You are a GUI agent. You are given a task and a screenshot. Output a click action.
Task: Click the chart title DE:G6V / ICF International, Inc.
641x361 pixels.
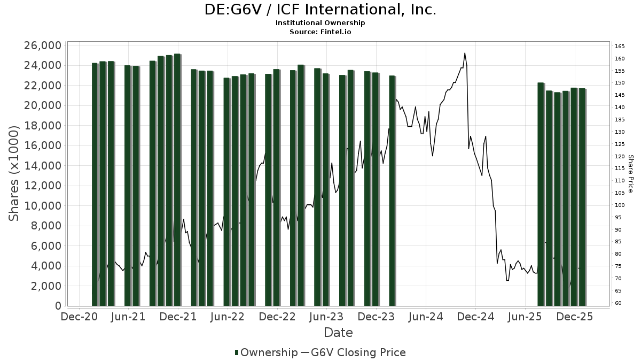click(x=320, y=10)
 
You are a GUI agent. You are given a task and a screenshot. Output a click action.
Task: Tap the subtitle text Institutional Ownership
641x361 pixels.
click(x=320, y=23)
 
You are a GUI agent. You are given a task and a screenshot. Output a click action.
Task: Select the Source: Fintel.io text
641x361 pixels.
click(x=320, y=32)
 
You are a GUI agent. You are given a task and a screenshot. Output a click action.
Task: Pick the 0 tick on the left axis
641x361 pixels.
click(x=57, y=306)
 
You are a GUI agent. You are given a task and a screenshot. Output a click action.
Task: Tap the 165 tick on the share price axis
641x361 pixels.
click(x=620, y=47)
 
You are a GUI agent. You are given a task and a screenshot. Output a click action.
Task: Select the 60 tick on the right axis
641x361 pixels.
click(x=618, y=303)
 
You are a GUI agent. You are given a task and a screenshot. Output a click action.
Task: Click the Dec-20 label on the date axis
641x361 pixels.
click(x=79, y=317)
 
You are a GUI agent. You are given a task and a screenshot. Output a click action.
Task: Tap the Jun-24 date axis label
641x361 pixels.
click(x=426, y=317)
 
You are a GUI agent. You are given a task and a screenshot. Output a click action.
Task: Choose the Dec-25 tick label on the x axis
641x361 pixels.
click(x=575, y=317)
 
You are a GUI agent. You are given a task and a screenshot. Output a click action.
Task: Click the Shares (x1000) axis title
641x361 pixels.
click(x=14, y=173)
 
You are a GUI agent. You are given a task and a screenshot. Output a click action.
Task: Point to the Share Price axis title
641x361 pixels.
click(x=630, y=174)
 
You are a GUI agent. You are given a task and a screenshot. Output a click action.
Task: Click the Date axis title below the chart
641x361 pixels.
click(x=338, y=333)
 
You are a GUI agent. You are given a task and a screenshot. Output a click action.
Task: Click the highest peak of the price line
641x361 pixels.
click(x=465, y=53)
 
